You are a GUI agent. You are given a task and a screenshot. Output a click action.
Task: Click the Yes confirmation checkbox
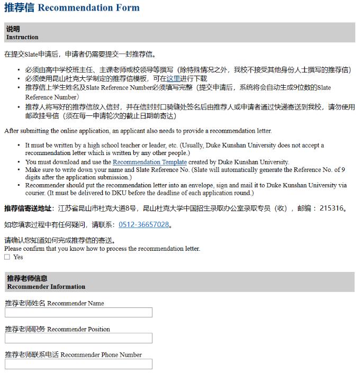click(7, 257)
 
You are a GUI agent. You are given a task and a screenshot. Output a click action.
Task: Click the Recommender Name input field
click(78, 313)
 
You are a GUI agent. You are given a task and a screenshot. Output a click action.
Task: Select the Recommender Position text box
click(78, 338)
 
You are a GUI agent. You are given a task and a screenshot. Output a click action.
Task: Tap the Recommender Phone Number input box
click(78, 364)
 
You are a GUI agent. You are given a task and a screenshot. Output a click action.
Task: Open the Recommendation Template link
click(150, 162)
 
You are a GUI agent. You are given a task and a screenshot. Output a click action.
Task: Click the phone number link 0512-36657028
click(143, 225)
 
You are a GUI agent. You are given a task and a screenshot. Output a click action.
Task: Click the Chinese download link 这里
click(173, 79)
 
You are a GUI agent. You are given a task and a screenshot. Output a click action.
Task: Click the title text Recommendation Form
click(89, 8)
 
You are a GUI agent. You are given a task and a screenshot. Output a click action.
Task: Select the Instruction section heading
click(22, 38)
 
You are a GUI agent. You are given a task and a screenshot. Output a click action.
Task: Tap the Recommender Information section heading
click(46, 287)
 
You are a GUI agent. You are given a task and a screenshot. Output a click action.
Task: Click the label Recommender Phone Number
click(101, 355)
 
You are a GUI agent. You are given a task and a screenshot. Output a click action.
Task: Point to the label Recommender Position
click(78, 329)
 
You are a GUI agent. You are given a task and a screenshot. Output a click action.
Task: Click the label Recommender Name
click(76, 304)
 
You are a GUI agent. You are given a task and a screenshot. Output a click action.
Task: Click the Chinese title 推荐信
click(19, 8)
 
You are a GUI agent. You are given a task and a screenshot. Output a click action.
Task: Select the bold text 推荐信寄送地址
click(28, 208)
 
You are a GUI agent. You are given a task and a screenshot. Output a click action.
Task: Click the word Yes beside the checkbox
click(18, 257)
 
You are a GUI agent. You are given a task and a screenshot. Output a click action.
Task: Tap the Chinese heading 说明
click(13, 29)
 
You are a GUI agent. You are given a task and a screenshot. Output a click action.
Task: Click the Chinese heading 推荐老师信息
click(27, 278)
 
